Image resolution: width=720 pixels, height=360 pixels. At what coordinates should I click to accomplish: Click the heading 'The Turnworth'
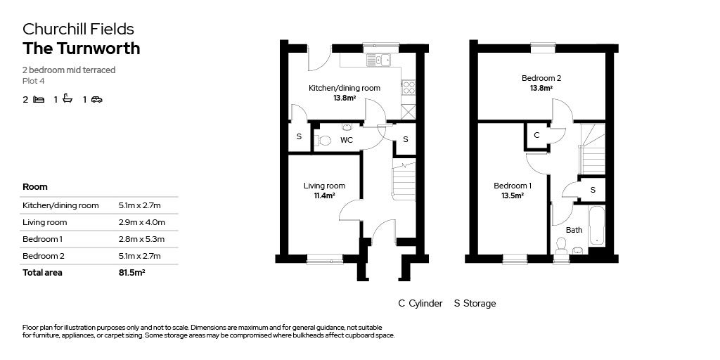click(x=82, y=49)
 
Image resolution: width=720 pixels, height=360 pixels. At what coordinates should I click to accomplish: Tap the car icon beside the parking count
click(x=96, y=99)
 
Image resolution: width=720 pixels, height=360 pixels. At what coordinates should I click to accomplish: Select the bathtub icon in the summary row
click(x=67, y=98)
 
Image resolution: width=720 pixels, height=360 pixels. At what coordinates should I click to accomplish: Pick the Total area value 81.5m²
click(x=131, y=272)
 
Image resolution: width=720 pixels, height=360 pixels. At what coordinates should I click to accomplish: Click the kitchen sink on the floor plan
click(x=378, y=60)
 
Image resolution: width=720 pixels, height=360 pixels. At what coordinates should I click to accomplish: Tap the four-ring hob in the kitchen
click(x=409, y=87)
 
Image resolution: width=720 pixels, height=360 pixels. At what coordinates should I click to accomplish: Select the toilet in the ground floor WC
click(x=323, y=140)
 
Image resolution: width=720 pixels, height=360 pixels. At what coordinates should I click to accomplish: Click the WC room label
click(x=346, y=140)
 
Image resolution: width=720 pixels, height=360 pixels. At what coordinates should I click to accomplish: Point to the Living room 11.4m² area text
click(x=324, y=195)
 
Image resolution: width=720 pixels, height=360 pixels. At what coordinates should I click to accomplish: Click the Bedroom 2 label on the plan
click(x=541, y=78)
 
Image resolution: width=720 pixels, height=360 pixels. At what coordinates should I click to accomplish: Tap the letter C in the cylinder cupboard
click(x=536, y=136)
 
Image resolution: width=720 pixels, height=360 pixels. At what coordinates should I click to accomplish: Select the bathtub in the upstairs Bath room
click(x=596, y=226)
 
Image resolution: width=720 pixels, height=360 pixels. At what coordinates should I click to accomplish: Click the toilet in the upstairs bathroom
click(x=560, y=245)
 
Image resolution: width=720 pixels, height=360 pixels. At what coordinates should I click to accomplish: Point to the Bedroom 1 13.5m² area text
click(x=513, y=195)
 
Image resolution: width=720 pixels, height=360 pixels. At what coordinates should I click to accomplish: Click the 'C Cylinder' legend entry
click(x=420, y=304)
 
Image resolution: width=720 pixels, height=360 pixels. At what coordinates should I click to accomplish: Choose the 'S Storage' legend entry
click(x=475, y=304)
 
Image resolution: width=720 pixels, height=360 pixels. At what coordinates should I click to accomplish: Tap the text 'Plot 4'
click(x=34, y=81)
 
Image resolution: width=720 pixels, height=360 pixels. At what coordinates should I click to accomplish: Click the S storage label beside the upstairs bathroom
click(x=593, y=189)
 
